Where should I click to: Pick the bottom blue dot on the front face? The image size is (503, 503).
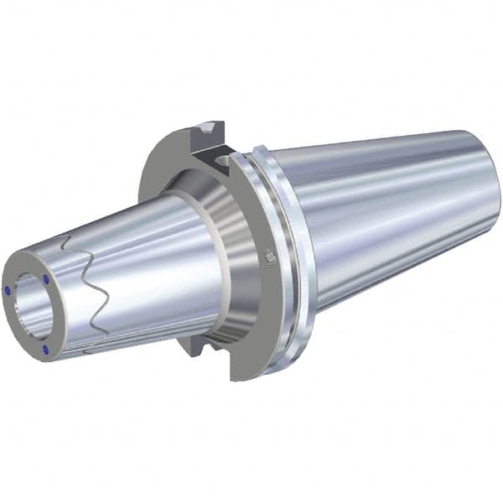[47, 349]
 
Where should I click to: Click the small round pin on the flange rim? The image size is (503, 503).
[268, 254]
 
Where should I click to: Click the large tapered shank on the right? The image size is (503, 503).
[377, 218]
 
